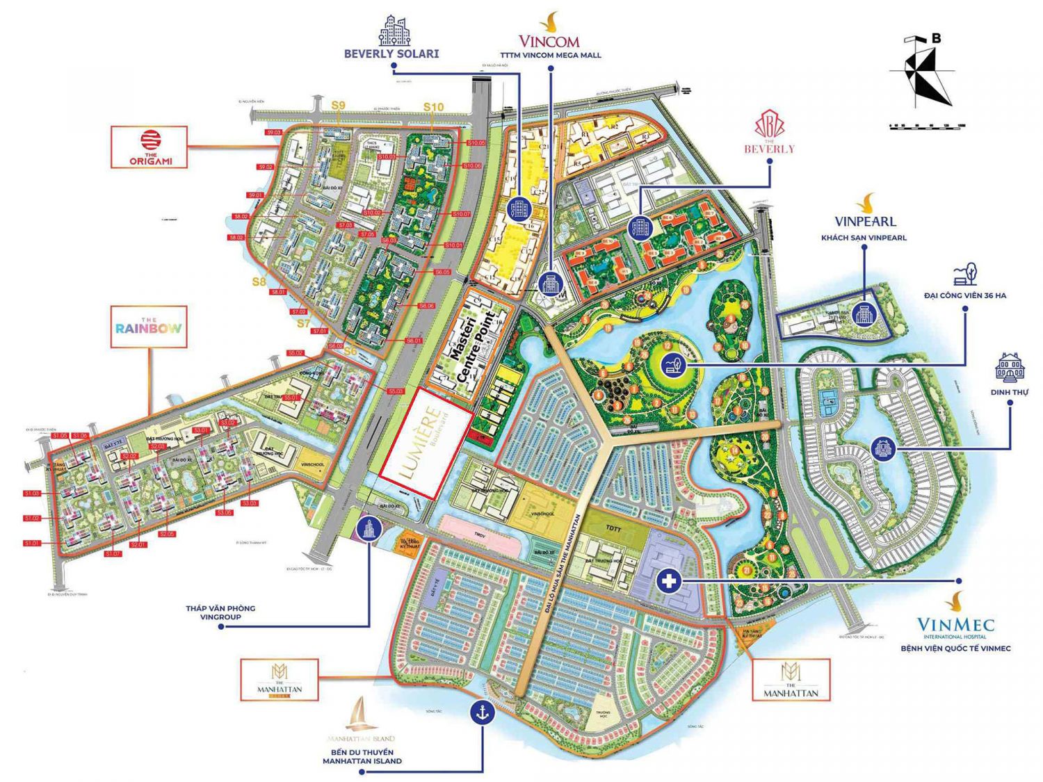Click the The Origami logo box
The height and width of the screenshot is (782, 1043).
149,147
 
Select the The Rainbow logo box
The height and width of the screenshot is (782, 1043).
149,327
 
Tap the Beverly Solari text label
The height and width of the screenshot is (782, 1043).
391,54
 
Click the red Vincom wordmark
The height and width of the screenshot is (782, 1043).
549,41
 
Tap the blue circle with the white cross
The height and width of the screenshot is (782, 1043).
669,580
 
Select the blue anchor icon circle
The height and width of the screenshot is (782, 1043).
482,711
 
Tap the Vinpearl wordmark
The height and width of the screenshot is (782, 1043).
865,221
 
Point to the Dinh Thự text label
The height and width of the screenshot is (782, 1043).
1009,392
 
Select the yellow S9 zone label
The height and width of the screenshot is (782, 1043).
338,106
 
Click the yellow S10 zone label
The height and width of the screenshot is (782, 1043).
433,107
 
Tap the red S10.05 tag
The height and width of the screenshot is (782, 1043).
476,143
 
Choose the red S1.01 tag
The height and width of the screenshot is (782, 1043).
32,544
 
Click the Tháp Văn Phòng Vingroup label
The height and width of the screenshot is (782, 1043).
220,612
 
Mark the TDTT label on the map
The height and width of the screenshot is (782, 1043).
613,528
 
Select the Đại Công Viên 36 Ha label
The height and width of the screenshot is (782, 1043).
964,295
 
